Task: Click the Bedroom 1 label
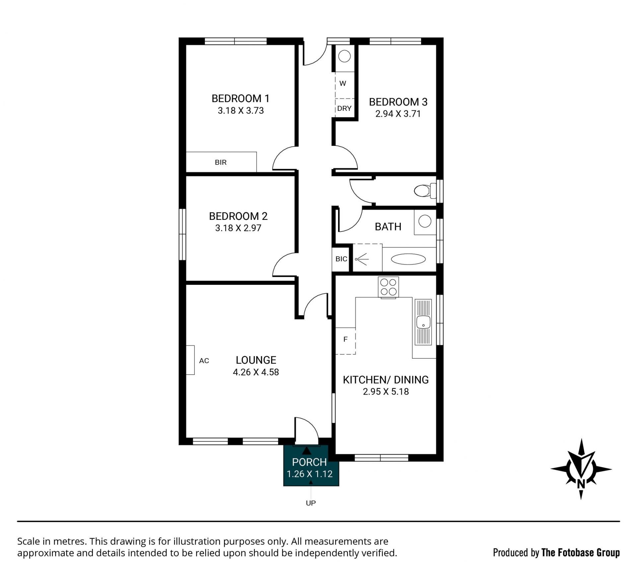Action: (x=241, y=98)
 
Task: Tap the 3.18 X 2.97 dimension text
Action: (x=238, y=228)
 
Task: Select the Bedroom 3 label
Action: (x=398, y=102)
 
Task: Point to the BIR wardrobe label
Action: (x=221, y=162)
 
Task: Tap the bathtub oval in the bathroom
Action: (x=408, y=259)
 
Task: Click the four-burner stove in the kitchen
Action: (x=388, y=287)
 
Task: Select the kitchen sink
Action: (x=423, y=322)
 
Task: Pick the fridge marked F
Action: (x=345, y=341)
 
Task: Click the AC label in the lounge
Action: (x=204, y=361)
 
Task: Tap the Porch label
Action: (x=309, y=462)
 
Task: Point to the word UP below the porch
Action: (x=311, y=503)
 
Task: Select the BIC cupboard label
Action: (x=341, y=259)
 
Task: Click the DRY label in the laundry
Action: (x=344, y=108)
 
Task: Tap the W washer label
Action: (x=343, y=84)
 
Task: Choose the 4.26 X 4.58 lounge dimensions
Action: (x=256, y=372)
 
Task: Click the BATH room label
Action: (x=388, y=227)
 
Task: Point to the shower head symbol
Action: (x=361, y=259)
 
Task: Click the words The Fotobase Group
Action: (x=581, y=553)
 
